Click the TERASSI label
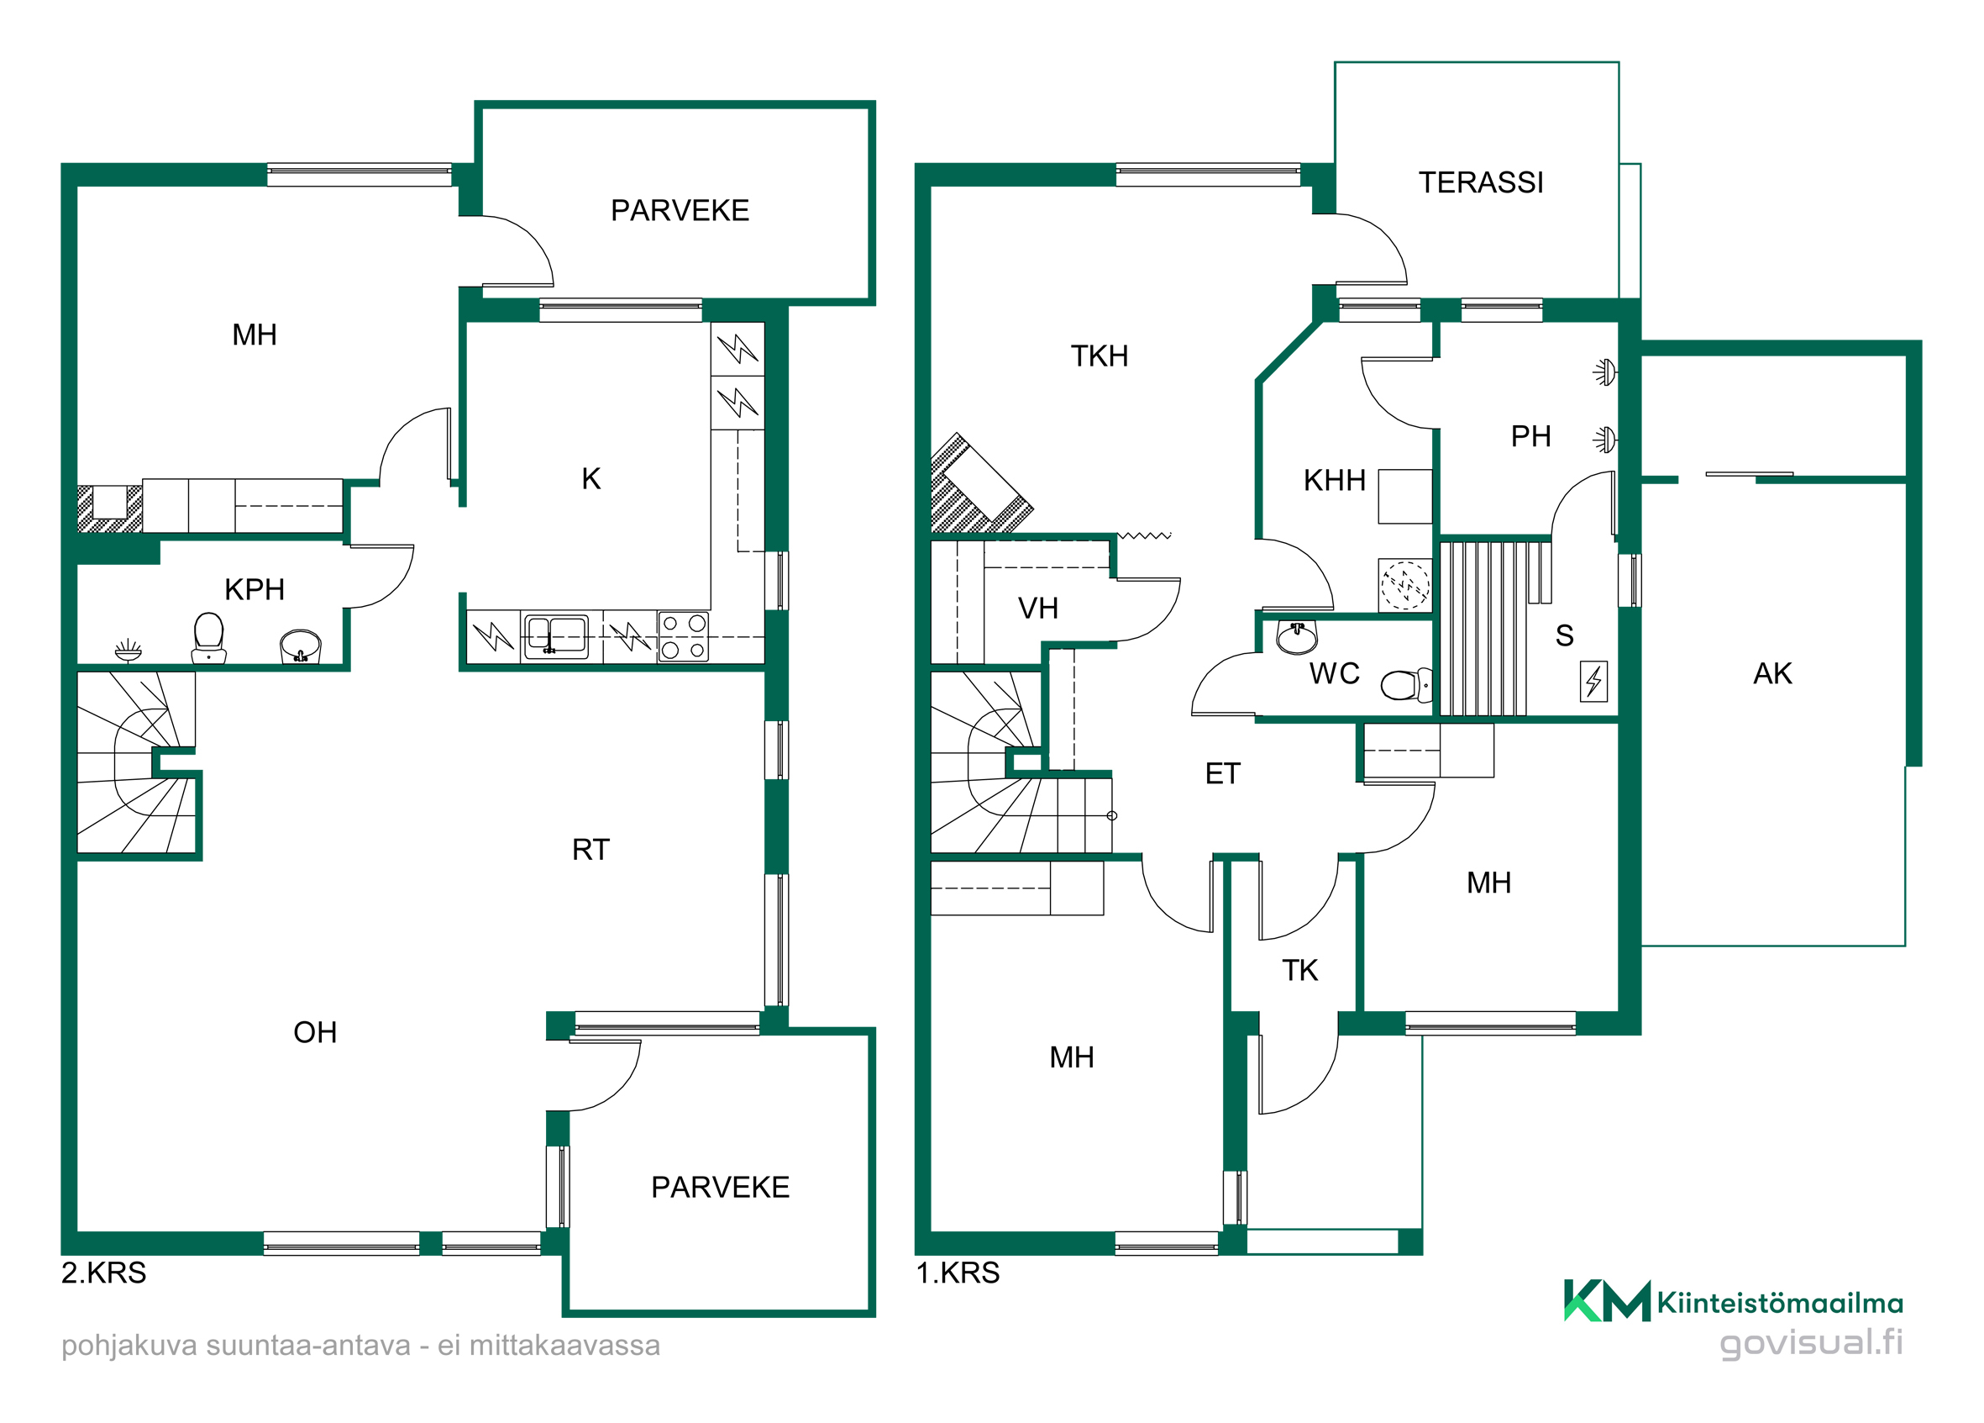pyautogui.click(x=1480, y=182)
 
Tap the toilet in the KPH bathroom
pyautogui.click(x=208, y=637)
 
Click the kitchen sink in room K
pyautogui.click(x=554, y=635)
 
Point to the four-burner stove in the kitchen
pyautogui.click(x=683, y=635)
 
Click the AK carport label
pyautogui.click(x=1772, y=673)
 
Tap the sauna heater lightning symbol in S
pyautogui.click(x=1593, y=681)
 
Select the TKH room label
pyautogui.click(x=1099, y=356)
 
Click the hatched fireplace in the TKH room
pyautogui.click(x=978, y=487)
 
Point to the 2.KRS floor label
pyautogui.click(x=103, y=1273)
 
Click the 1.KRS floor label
pyautogui.click(x=957, y=1273)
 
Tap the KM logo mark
pyautogui.click(x=1607, y=1301)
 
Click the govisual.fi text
pyautogui.click(x=1811, y=1342)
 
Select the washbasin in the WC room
pyautogui.click(x=1296, y=637)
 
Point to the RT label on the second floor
pyautogui.click(x=590, y=850)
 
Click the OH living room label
pyautogui.click(x=315, y=1033)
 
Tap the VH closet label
pyautogui.click(x=1037, y=609)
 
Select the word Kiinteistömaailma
pyautogui.click(x=1780, y=1303)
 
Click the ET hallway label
pyautogui.click(x=1222, y=773)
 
